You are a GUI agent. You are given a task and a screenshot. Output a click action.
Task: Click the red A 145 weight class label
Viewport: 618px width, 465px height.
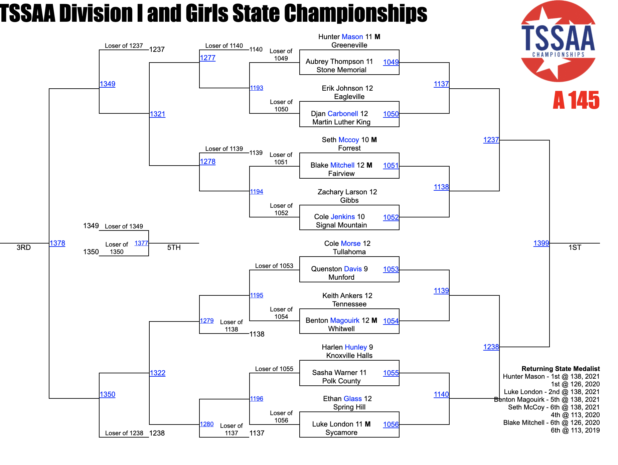576,100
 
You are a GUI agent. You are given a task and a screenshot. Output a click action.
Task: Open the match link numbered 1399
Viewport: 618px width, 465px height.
541,243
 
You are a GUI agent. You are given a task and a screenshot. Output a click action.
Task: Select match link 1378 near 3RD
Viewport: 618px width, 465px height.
57,243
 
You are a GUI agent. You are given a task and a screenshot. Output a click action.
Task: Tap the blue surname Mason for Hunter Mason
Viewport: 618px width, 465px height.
352,37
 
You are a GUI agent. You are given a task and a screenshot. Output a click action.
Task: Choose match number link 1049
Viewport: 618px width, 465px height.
391,62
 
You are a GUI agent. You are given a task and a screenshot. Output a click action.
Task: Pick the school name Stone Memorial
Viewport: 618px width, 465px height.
341,70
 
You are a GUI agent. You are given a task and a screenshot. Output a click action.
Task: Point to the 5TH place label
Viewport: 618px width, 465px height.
174,248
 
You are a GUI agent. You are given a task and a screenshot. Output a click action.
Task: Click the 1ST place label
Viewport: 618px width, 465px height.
575,248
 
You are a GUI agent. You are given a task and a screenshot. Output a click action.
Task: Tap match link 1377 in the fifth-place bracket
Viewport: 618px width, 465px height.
141,243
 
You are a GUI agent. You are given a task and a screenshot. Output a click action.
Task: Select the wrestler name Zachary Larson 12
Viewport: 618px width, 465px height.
347,192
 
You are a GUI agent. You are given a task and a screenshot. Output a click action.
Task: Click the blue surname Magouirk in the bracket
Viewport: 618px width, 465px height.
345,320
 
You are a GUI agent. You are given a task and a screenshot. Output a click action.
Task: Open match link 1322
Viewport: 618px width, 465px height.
157,373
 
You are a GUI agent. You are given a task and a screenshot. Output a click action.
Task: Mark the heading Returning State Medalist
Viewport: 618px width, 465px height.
561,369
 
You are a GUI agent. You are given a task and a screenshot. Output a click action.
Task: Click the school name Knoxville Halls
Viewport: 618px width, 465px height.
349,356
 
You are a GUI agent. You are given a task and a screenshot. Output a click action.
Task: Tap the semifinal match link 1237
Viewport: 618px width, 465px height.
491,140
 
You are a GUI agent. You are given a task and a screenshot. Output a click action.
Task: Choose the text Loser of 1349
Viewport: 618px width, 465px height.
124,226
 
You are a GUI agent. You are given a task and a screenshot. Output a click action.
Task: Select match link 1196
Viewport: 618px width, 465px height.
257,399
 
